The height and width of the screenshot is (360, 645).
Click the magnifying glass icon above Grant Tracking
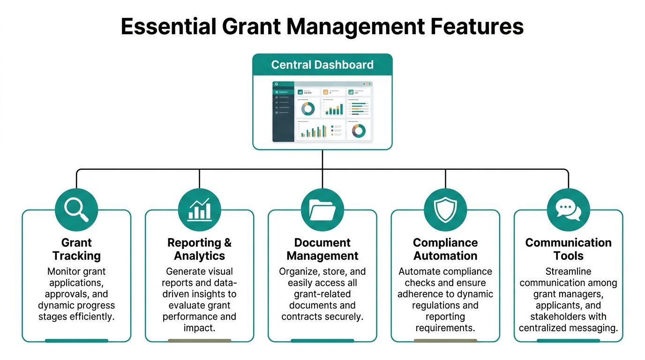click(x=76, y=210)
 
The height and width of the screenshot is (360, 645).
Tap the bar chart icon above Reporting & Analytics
click(x=199, y=210)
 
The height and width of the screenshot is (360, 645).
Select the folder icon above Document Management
click(x=322, y=210)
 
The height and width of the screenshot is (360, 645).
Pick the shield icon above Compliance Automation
click(x=445, y=210)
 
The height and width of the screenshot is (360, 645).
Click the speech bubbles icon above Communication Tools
click(x=568, y=210)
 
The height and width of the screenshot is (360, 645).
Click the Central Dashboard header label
click(x=322, y=65)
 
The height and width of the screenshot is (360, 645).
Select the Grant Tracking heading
click(x=76, y=249)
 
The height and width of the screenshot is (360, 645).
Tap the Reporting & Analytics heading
click(x=199, y=249)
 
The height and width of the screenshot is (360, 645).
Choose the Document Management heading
click(x=322, y=249)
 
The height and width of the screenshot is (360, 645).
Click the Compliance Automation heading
click(x=445, y=249)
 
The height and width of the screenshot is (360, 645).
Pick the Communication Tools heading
click(x=568, y=249)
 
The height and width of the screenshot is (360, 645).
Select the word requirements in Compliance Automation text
click(x=445, y=328)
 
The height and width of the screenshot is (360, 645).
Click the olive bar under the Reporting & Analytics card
click(x=199, y=341)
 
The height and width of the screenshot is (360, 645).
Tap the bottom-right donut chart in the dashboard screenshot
click(x=359, y=130)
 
